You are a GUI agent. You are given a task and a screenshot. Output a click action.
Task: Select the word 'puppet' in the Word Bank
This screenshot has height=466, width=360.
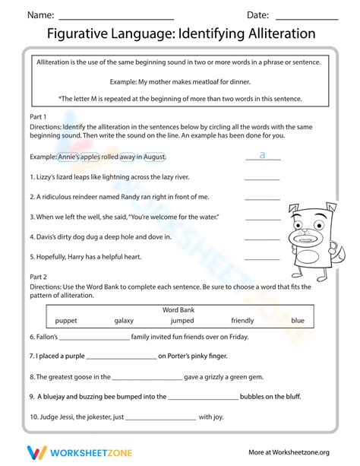pyautogui.click(x=66, y=320)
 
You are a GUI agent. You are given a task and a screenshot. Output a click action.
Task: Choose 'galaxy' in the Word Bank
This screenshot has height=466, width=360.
pyautogui.click(x=124, y=320)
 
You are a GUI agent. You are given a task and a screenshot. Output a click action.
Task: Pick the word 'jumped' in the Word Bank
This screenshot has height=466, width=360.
pyautogui.click(x=182, y=320)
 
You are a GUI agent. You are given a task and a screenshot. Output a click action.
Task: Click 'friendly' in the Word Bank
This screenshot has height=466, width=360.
pyautogui.click(x=242, y=320)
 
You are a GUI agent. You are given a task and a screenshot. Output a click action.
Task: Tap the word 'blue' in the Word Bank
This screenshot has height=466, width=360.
pyautogui.click(x=298, y=320)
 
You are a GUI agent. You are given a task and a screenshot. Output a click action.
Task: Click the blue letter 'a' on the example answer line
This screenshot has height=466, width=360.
pyautogui.click(x=262, y=155)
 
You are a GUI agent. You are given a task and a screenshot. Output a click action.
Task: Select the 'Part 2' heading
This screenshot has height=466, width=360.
pyautogui.click(x=38, y=277)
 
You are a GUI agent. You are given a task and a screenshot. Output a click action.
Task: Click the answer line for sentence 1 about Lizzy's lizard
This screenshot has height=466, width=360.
pyautogui.click(x=262, y=179)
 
